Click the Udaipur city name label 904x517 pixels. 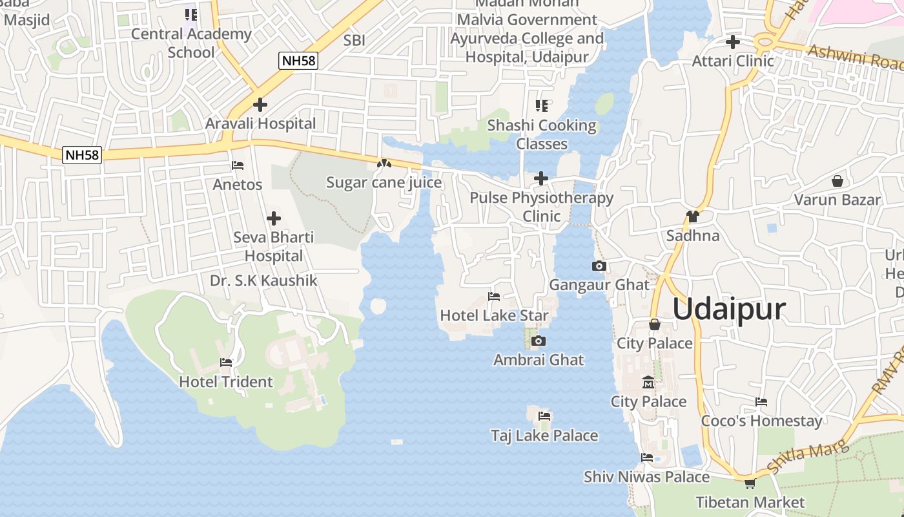click(729, 309)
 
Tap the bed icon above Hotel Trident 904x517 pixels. click(226, 363)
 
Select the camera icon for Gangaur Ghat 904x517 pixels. click(599, 266)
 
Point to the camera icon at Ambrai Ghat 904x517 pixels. click(539, 341)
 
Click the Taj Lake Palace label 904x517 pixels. click(544, 436)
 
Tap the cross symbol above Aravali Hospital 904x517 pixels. click(260, 104)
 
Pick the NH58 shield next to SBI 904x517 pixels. click(298, 61)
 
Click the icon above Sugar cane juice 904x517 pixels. click(384, 164)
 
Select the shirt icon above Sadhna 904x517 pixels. click(693, 216)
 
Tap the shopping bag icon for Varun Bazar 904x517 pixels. click(837, 181)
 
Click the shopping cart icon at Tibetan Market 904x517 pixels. click(750, 483)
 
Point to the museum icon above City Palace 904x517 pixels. click(648, 383)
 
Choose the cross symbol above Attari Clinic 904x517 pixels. click(733, 42)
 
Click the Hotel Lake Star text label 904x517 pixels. click(494, 315)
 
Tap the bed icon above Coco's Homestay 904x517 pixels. click(761, 402)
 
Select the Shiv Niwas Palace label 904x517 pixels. click(646, 477)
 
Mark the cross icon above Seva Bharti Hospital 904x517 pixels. click(274, 218)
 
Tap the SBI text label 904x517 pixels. click(354, 40)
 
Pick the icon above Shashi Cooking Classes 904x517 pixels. click(542, 105)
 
